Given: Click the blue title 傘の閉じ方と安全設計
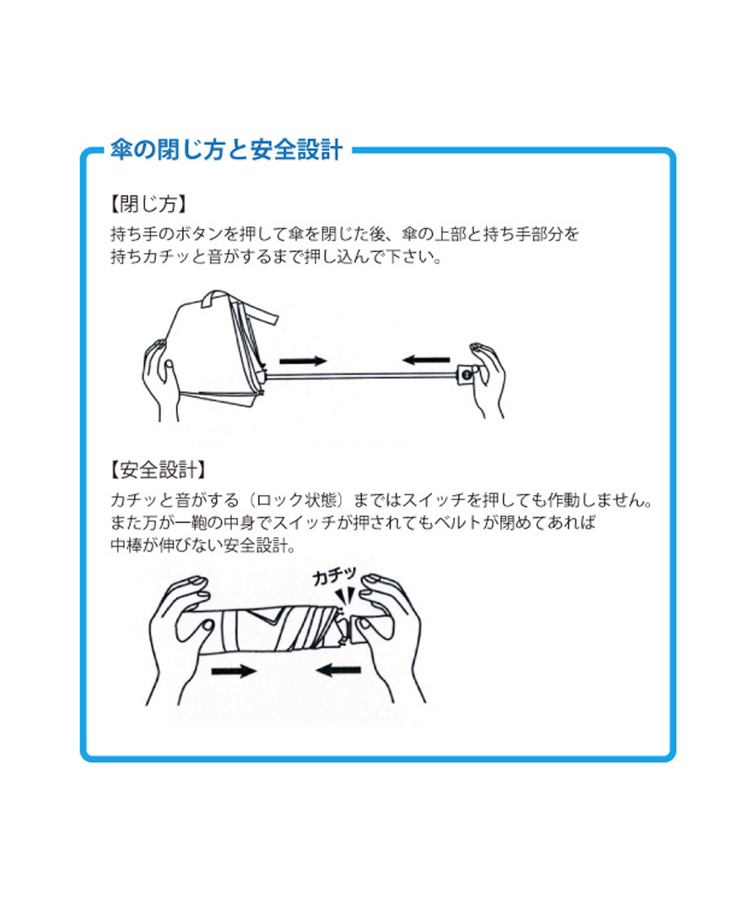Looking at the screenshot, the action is pos(227,149).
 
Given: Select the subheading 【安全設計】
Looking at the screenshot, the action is pos(159,469).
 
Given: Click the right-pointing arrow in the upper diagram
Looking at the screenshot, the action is pos(303,361).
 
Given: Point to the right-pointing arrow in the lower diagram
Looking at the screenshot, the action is pos(234,671).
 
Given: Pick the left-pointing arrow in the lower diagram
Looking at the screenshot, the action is pos(338,670).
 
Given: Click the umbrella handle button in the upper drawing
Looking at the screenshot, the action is pos(466,374).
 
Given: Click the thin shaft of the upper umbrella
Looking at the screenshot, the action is pos(361,375).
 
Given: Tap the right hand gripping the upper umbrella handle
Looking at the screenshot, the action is pos(487,379).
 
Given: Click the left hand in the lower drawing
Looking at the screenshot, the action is pos(181,636).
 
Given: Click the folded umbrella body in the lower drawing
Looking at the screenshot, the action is pos(274,630).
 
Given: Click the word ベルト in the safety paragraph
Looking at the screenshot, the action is pos(456,522).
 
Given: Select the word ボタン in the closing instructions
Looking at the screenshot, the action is pos(200,234).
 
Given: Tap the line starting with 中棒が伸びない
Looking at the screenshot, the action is pos(203,545).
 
